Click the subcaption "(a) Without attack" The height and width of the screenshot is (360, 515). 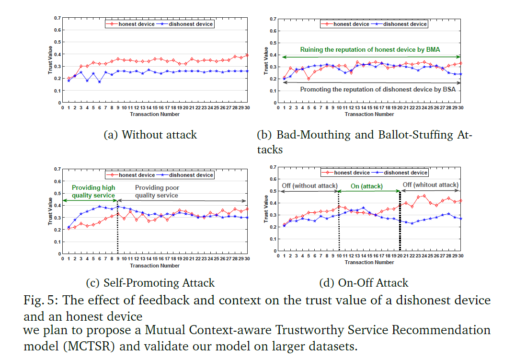[x=150, y=135]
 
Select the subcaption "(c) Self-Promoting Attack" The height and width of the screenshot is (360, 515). [x=150, y=283]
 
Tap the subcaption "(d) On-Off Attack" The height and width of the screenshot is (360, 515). [x=364, y=283]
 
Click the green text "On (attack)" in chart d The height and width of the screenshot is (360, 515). [x=366, y=186]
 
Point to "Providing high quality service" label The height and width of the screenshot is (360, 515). [x=93, y=191]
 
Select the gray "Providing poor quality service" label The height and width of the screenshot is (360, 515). [x=157, y=191]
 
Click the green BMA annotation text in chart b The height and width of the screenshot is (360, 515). [x=370, y=50]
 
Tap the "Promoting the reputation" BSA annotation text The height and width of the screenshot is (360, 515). [x=378, y=90]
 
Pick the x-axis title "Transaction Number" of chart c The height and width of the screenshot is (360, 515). [x=155, y=266]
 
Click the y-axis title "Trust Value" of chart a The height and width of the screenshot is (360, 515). [x=50, y=60]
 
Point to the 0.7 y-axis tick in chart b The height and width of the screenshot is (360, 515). [x=273, y=19]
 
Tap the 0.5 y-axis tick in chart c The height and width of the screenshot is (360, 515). [x=57, y=193]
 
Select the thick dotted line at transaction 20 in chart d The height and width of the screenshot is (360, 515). [x=400, y=221]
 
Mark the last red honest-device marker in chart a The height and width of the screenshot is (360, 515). [x=247, y=56]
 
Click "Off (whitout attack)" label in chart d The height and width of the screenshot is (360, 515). [x=431, y=185]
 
